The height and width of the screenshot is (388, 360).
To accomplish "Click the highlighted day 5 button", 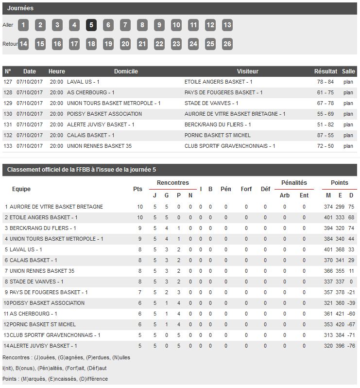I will (x=91, y=25).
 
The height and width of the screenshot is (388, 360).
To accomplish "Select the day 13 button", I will (x=227, y=25).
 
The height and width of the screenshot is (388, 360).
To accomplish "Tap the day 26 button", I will (x=227, y=44).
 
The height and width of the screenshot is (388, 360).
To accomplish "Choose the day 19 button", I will (x=108, y=44).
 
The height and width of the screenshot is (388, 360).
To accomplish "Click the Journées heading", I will (x=20, y=8).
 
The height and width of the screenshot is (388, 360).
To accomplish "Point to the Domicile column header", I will (x=126, y=71).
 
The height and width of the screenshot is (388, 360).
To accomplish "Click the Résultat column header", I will (x=325, y=71).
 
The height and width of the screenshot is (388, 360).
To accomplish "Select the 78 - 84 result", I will (x=325, y=82).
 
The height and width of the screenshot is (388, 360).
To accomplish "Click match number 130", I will (x=8, y=114).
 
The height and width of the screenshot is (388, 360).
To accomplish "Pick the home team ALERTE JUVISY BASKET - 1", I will (x=101, y=125).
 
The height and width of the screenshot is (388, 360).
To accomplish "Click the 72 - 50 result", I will (x=325, y=146).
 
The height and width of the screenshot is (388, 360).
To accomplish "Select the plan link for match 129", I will (x=348, y=104).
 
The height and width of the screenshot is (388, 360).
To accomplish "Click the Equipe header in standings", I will (x=21, y=189).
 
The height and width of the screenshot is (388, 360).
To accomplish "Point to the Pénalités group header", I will (x=294, y=183).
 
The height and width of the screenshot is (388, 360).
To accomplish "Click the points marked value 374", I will (x=328, y=207).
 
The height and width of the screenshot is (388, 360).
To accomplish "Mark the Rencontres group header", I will (x=172, y=183).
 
